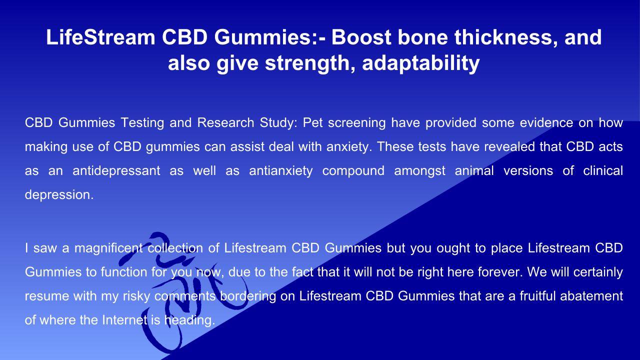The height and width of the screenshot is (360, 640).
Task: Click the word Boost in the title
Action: click(x=361, y=37)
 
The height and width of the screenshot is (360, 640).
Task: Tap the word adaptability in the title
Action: click(x=420, y=63)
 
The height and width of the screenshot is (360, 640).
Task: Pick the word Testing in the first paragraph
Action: click(x=142, y=123)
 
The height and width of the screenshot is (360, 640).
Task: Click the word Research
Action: click(x=225, y=122)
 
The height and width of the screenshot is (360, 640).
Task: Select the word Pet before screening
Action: click(x=312, y=122)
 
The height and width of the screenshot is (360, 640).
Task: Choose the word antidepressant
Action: click(x=116, y=171)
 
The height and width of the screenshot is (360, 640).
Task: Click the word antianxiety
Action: click(x=281, y=171)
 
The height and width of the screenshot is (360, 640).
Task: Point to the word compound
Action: click(x=353, y=171)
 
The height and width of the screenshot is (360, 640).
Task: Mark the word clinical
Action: click(x=603, y=170)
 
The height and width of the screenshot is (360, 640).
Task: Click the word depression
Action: click(x=59, y=195)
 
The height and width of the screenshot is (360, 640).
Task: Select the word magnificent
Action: click(x=108, y=248)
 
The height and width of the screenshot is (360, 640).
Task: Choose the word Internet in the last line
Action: click(x=125, y=320)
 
